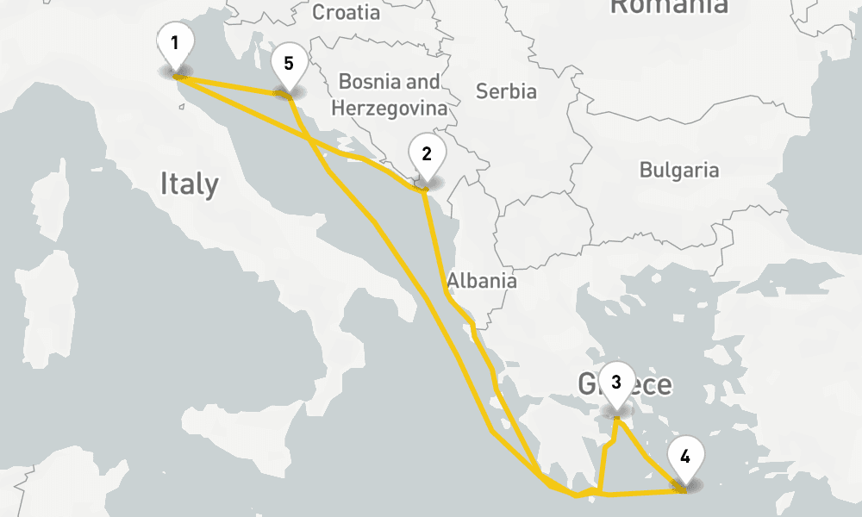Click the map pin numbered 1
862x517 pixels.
[175, 46]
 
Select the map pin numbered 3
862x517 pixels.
[615, 384]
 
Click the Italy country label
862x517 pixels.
[189, 184]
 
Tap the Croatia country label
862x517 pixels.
[346, 12]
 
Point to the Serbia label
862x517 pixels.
[506, 91]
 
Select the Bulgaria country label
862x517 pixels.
[678, 170]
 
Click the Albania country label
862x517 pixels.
[482, 281]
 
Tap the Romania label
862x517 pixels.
[668, 7]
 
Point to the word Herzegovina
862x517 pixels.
[390, 109]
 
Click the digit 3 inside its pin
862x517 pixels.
[615, 382]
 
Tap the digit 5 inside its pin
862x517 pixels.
[289, 63]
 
